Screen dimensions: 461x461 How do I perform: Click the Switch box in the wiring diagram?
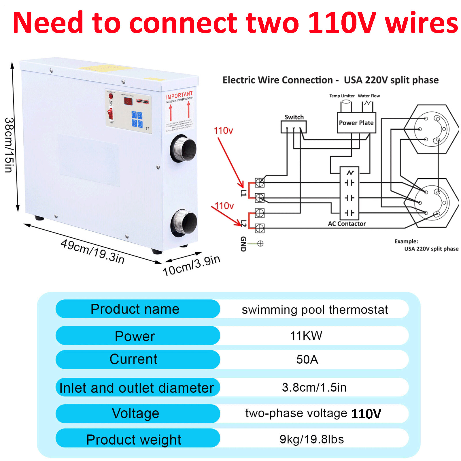coord(293,126)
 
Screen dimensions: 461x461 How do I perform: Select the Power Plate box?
coord(356,123)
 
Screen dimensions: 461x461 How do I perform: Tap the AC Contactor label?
coord(347,224)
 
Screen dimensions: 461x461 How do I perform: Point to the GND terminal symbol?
coord(260,243)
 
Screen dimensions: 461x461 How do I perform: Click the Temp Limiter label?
coord(342,96)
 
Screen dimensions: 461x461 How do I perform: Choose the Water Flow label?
coord(369,96)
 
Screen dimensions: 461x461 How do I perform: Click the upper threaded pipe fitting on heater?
coord(184,150)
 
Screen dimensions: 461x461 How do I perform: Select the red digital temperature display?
coord(128,101)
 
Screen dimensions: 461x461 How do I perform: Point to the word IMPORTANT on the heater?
coord(179,95)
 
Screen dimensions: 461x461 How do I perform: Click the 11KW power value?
coord(306,336)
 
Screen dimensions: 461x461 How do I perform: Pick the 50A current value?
coord(307,360)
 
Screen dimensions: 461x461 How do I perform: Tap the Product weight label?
coord(134,440)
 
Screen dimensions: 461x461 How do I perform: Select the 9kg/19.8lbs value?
coord(312,439)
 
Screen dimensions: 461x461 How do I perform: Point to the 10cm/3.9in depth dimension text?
coord(192,265)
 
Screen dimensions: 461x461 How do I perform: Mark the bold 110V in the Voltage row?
coord(366,414)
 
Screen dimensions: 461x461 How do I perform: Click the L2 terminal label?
coord(243,223)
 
